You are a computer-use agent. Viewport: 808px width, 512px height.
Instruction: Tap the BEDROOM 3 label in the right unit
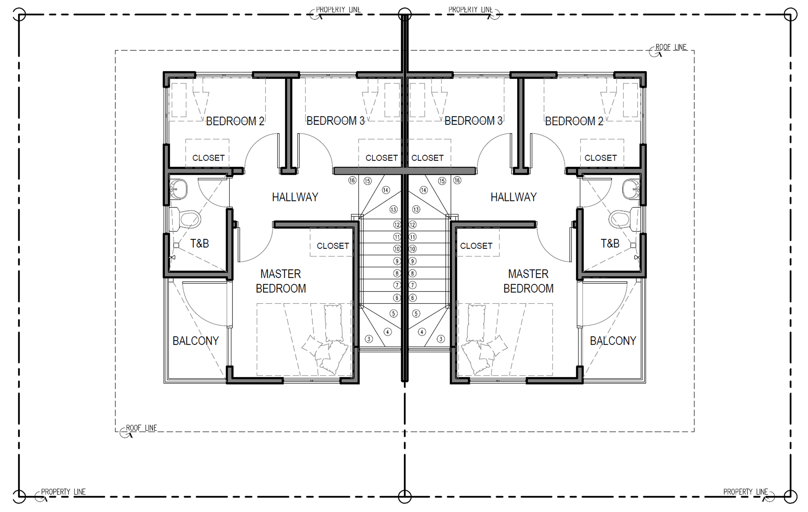(474, 121)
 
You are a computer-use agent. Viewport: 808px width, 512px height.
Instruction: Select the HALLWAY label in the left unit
(295, 197)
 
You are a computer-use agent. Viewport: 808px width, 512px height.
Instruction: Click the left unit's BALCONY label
(196, 341)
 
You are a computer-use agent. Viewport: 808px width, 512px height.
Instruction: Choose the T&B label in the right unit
(610, 243)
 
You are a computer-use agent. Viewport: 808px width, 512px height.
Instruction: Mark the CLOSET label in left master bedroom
(333, 246)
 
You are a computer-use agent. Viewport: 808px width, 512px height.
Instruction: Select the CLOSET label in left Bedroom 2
(208, 158)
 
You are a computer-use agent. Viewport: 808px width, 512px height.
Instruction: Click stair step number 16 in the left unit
(352, 181)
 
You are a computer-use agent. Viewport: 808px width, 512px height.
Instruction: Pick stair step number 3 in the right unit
(441, 339)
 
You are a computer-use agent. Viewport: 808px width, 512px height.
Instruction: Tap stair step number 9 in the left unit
(397, 261)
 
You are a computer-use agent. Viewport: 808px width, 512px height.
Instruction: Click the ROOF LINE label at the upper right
(671, 47)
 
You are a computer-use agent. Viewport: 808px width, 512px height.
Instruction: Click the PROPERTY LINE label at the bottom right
(745, 492)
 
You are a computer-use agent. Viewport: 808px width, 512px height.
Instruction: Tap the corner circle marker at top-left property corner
(19, 15)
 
